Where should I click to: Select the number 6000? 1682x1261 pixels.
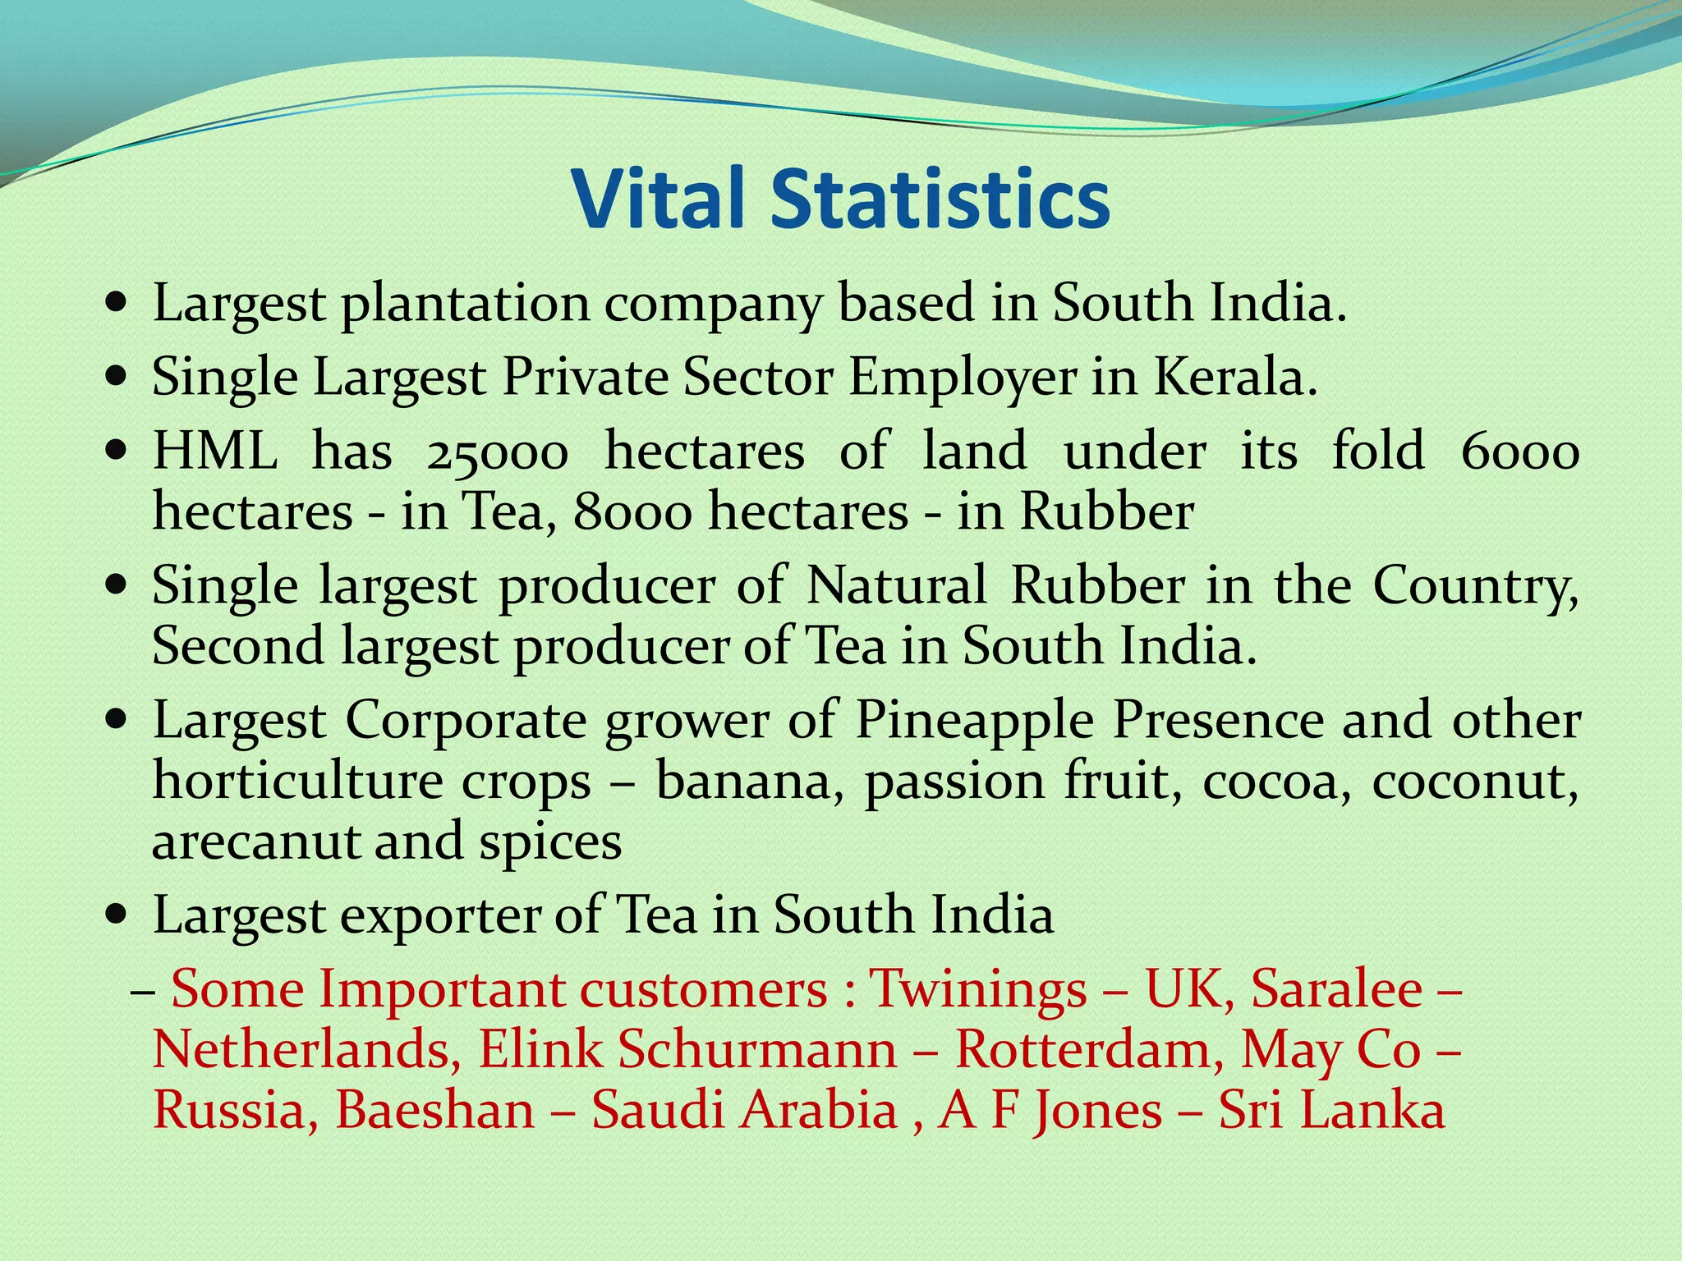coord(1520,452)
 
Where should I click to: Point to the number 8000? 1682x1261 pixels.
coord(632,512)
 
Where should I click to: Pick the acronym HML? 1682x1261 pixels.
coord(215,451)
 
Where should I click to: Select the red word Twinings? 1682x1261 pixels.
coord(978,988)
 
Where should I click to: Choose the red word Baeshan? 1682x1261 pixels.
coord(434,1110)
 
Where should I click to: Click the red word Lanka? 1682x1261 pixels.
coord(1372,1110)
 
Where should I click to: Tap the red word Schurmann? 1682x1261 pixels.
coord(757,1049)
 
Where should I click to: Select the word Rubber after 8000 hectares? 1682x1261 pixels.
coord(1106,512)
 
